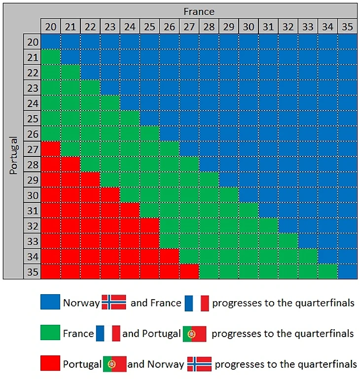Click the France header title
click(199, 11)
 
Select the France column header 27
click(189, 27)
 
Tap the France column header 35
click(347, 27)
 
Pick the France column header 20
click(50, 27)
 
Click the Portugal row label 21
click(32, 57)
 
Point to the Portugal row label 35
click(32, 272)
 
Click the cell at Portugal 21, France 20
click(50, 57)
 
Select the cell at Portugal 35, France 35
click(347, 272)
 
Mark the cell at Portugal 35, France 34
click(327, 272)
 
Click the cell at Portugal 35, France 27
click(189, 272)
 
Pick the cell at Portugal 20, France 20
click(50, 42)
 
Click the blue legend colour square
click(50, 302)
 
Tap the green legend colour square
click(50, 333)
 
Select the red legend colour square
click(50, 364)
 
